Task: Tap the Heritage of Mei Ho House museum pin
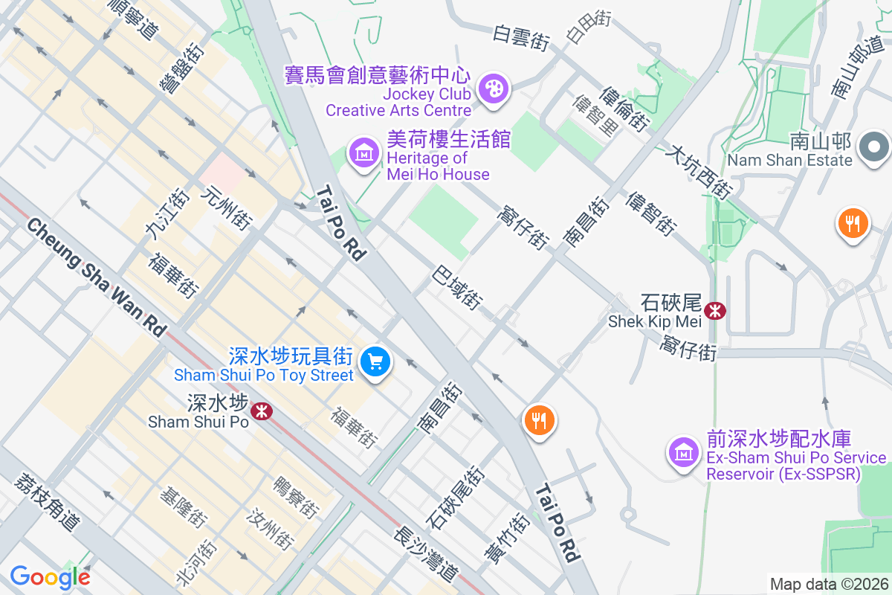[x=364, y=153]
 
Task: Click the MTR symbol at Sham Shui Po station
[x=261, y=410]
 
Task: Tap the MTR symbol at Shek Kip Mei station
[x=716, y=310]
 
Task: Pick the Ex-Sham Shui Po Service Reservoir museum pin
[x=683, y=451]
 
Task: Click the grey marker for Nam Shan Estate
[x=874, y=146]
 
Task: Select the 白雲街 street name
[x=520, y=38]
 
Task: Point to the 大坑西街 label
[x=699, y=171]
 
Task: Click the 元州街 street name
[x=227, y=208]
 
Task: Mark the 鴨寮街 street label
[x=296, y=497]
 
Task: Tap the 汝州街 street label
[x=271, y=528]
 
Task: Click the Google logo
[x=50, y=577]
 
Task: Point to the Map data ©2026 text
[x=828, y=584]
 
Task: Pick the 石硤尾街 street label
[x=455, y=496]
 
